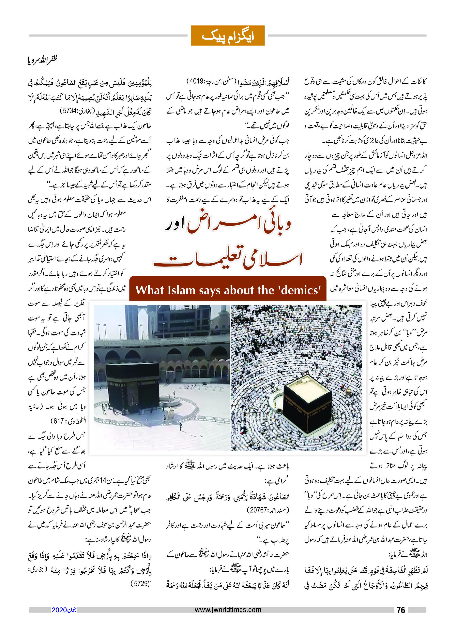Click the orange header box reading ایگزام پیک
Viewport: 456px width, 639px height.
[x=228, y=36]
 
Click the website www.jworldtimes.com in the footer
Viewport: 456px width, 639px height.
[x=228, y=610]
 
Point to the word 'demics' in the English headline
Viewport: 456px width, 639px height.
[x=300, y=290]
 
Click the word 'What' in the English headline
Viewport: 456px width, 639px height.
[x=150, y=290]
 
